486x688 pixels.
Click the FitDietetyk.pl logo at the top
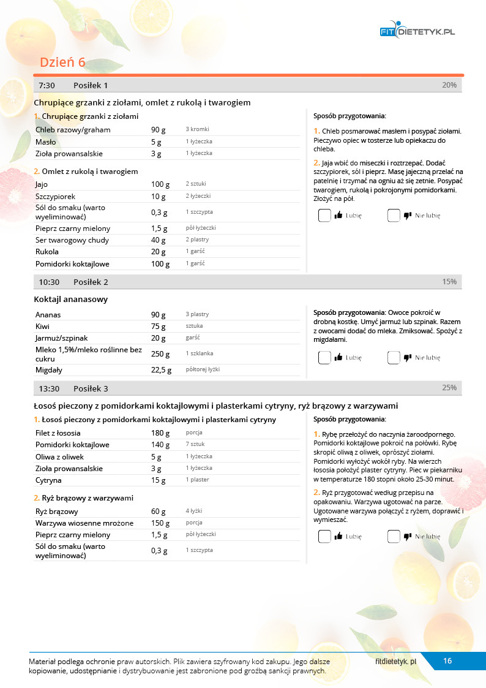point(417,31)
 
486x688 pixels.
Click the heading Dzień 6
point(62,62)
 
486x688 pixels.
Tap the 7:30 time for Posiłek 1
point(47,85)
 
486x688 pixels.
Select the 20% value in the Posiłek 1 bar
point(449,85)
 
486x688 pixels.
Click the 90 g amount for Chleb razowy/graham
point(159,130)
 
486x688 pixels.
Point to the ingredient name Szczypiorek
point(54,197)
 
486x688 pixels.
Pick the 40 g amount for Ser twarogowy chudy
point(159,240)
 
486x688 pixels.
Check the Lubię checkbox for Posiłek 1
point(324,216)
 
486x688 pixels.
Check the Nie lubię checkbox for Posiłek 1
point(394,216)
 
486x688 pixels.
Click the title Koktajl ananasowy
point(70,300)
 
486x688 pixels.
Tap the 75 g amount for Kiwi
point(159,327)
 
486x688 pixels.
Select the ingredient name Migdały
point(49,370)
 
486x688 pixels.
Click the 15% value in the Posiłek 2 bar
point(449,282)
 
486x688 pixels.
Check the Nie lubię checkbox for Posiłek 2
point(394,358)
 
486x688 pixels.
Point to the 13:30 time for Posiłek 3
point(49,388)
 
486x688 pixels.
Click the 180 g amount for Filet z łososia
point(160,433)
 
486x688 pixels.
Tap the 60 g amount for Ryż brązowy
point(159,512)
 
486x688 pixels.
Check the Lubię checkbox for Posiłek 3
point(324,537)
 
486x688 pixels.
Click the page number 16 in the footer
point(447,660)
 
